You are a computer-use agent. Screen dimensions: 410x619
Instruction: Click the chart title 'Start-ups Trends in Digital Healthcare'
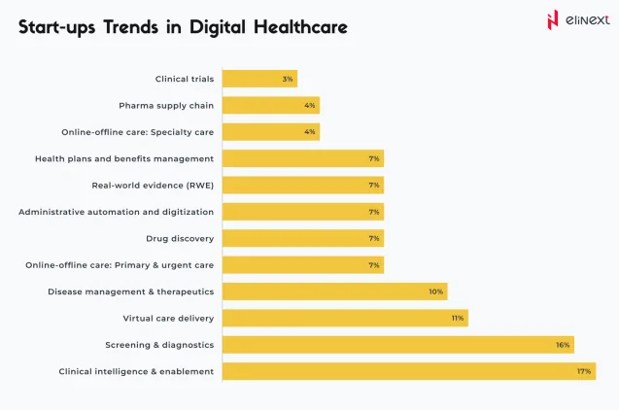tap(183, 27)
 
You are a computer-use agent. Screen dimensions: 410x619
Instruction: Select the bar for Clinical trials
tap(259, 79)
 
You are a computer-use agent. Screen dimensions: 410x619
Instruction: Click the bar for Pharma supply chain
tap(270, 105)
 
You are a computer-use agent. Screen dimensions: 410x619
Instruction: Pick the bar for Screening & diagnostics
tap(397, 344)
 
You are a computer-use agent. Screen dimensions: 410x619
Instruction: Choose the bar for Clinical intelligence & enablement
tap(408, 371)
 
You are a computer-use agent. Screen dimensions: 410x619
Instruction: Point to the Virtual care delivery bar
tap(344, 318)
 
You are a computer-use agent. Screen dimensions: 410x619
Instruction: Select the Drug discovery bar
tap(302, 238)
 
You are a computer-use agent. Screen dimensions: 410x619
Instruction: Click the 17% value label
tap(583, 371)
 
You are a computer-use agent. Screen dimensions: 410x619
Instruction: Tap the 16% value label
tap(562, 344)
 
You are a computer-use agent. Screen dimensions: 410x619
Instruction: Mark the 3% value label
tap(288, 79)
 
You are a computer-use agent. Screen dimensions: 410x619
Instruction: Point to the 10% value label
tap(436, 291)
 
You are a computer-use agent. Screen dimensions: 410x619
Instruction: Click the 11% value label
tap(458, 318)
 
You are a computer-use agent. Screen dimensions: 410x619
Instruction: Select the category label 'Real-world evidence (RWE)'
tap(153, 185)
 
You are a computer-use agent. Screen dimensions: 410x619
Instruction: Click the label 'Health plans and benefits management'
tap(124, 158)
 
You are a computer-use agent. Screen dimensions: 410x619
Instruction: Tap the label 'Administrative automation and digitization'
tap(117, 212)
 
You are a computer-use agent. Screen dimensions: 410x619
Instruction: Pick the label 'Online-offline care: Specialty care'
tap(138, 132)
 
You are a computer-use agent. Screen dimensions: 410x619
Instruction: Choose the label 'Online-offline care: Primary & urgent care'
tap(120, 264)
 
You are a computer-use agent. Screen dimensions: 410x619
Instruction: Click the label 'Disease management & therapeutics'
tap(131, 291)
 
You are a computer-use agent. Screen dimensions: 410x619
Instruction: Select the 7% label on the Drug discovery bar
tap(374, 238)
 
